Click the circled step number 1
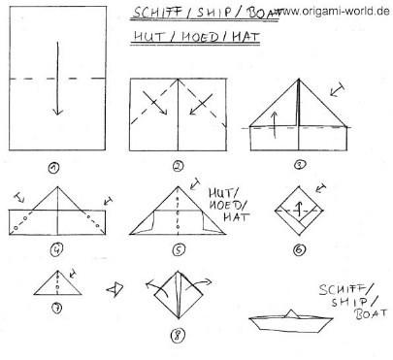[x=54, y=168]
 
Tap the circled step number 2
[x=178, y=166]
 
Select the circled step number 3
[x=300, y=165]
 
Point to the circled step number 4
[x=56, y=249]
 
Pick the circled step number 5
[x=179, y=249]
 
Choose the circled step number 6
[x=299, y=249]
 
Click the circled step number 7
[x=57, y=308]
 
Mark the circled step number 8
[x=178, y=335]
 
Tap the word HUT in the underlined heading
[x=149, y=37]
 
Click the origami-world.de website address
[x=333, y=11]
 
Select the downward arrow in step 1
[x=58, y=79]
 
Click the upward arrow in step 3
[x=275, y=124]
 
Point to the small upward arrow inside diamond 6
[x=300, y=210]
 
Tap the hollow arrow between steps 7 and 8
[x=115, y=289]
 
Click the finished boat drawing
[x=291, y=322]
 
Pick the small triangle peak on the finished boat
[x=292, y=313]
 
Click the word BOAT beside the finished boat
[x=371, y=313]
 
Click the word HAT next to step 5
[x=236, y=216]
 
